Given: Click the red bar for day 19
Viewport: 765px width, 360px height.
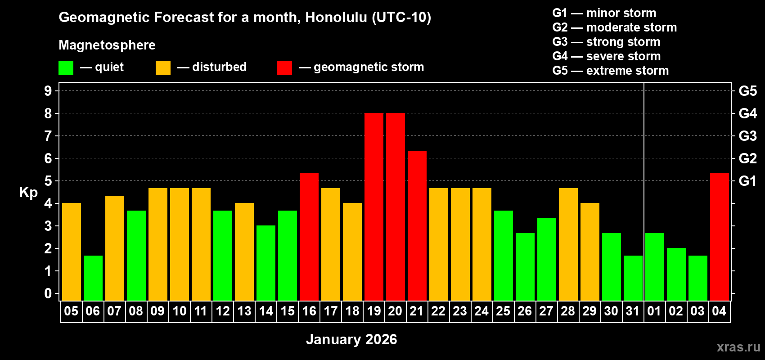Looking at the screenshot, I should [373, 207].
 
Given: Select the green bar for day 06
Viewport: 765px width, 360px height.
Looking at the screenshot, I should [93, 278].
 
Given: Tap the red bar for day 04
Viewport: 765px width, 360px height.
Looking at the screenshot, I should [719, 237].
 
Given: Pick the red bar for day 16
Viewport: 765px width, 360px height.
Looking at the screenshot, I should [309, 237].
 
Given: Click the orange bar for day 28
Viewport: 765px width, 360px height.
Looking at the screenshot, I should [568, 244].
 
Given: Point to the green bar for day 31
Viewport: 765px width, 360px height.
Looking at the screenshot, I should [633, 278].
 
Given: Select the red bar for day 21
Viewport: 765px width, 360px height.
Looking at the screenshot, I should [417, 225].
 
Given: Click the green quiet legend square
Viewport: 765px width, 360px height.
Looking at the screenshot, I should [66, 68].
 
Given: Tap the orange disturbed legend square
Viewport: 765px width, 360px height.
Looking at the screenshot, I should [163, 68].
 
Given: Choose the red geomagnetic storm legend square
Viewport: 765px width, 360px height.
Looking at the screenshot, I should [284, 68].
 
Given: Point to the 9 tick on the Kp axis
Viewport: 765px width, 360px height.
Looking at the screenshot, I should [48, 91].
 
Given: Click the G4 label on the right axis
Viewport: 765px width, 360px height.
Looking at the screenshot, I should [747, 113].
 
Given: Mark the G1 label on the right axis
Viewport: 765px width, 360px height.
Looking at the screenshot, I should [747, 181].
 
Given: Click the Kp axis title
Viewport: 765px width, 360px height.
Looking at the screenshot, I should [28, 192].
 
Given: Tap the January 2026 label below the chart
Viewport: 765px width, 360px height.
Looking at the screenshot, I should [351, 339].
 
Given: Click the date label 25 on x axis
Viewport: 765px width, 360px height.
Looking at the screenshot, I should [503, 311].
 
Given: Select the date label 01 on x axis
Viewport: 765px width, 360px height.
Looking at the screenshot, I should [654, 311].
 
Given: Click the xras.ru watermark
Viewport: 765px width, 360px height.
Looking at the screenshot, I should [738, 347].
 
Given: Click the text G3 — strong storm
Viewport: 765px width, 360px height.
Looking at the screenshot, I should [606, 42].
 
